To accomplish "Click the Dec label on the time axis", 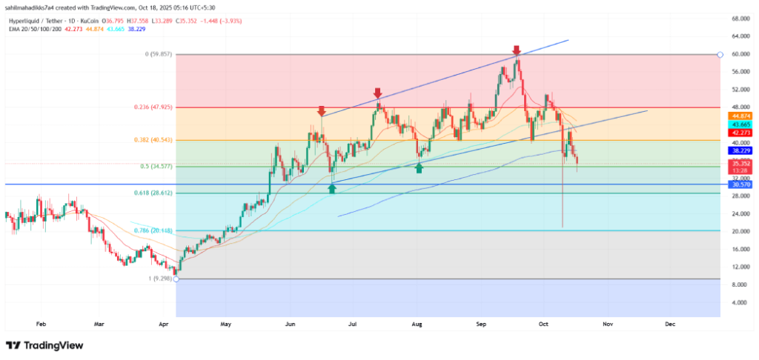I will (x=669, y=324).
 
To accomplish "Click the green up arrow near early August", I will (x=419, y=168).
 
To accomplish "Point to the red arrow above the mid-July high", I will (x=377, y=93).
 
